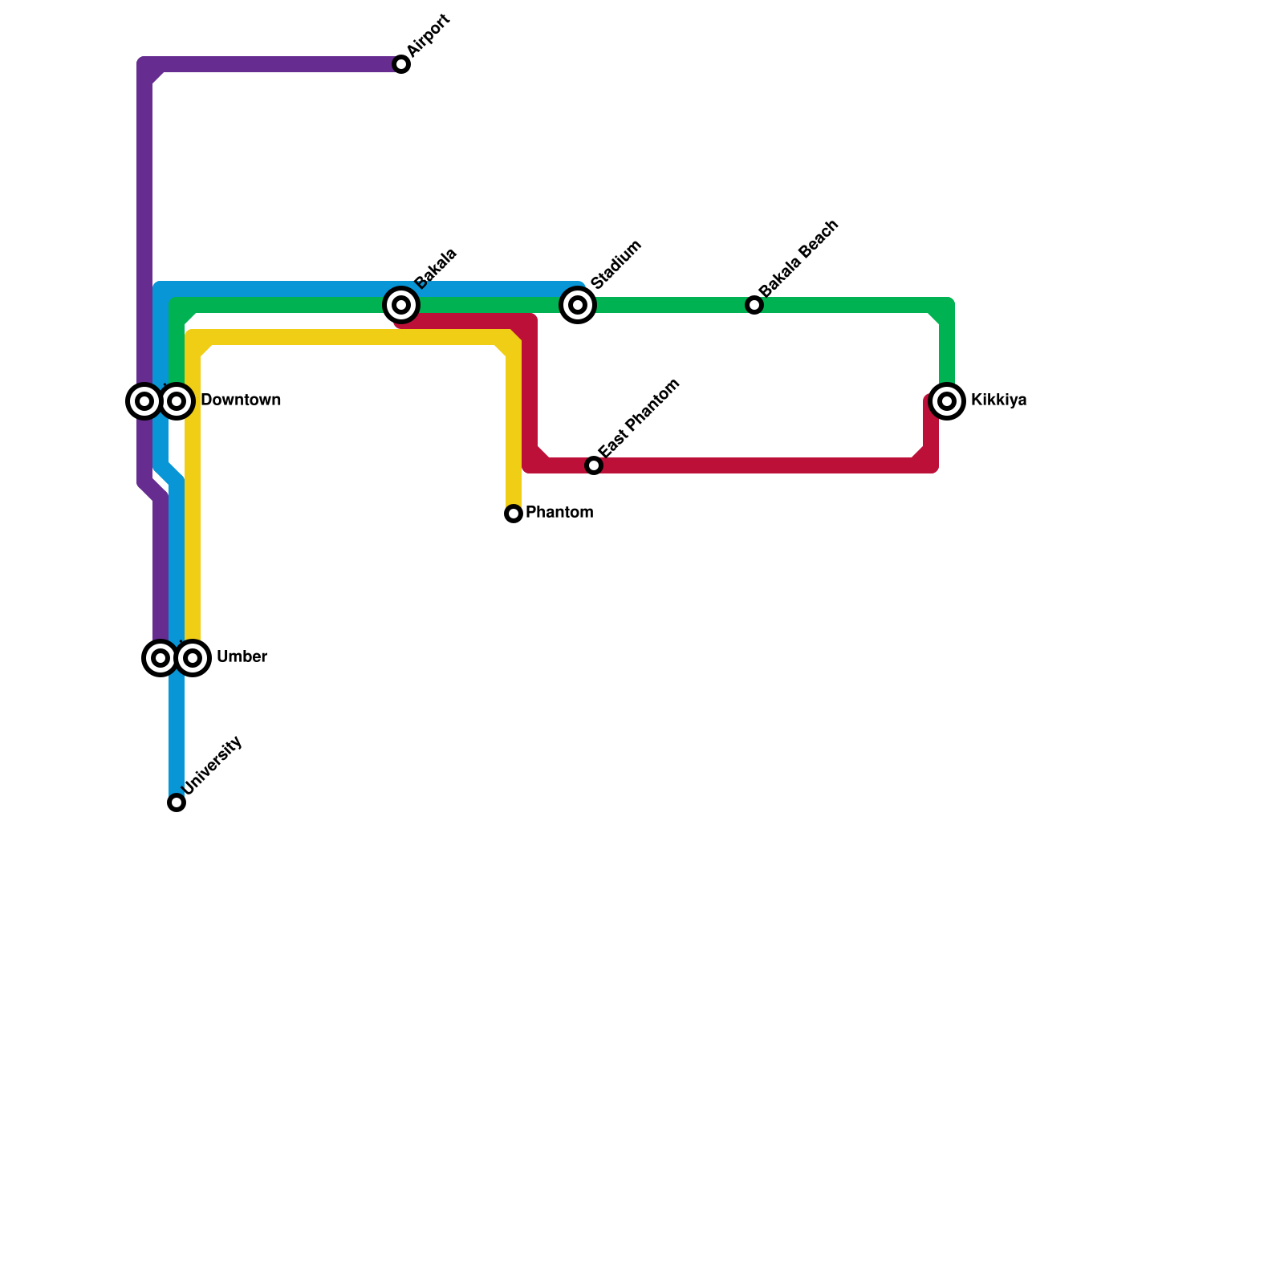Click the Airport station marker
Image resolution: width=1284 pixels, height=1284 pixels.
click(x=401, y=64)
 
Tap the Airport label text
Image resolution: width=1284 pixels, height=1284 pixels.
click(x=429, y=36)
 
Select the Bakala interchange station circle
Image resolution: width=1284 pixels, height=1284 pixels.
click(x=401, y=305)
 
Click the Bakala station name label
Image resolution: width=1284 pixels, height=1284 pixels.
click(x=436, y=269)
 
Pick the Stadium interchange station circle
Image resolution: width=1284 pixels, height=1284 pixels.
click(x=578, y=305)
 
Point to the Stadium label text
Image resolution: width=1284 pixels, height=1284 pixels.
click(x=616, y=264)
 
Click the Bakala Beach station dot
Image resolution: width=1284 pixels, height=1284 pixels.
click(x=754, y=305)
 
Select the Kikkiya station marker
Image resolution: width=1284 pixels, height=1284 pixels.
click(x=947, y=400)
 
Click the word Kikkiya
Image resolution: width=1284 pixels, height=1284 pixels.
click(x=998, y=400)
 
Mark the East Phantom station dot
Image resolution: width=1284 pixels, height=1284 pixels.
click(x=594, y=465)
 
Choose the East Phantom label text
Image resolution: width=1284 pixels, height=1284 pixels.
click(x=640, y=419)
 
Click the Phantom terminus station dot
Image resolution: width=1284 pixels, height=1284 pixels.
click(x=514, y=514)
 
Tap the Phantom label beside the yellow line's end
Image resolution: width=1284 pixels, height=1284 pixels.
click(x=559, y=513)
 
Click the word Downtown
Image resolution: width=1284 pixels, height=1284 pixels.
click(x=241, y=400)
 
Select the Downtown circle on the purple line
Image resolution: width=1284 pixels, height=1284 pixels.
click(x=144, y=400)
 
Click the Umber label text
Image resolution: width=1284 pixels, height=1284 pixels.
click(x=242, y=657)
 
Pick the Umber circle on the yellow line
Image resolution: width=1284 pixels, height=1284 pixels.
click(x=193, y=658)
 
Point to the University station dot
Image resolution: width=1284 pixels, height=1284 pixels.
click(x=177, y=802)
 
